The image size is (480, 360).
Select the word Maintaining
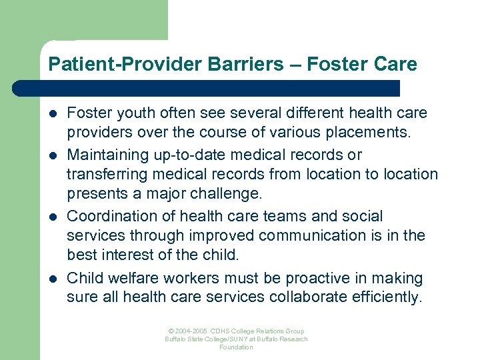pos(108,155)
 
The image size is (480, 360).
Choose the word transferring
pos(109,175)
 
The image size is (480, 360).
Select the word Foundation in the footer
pos(237,347)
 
